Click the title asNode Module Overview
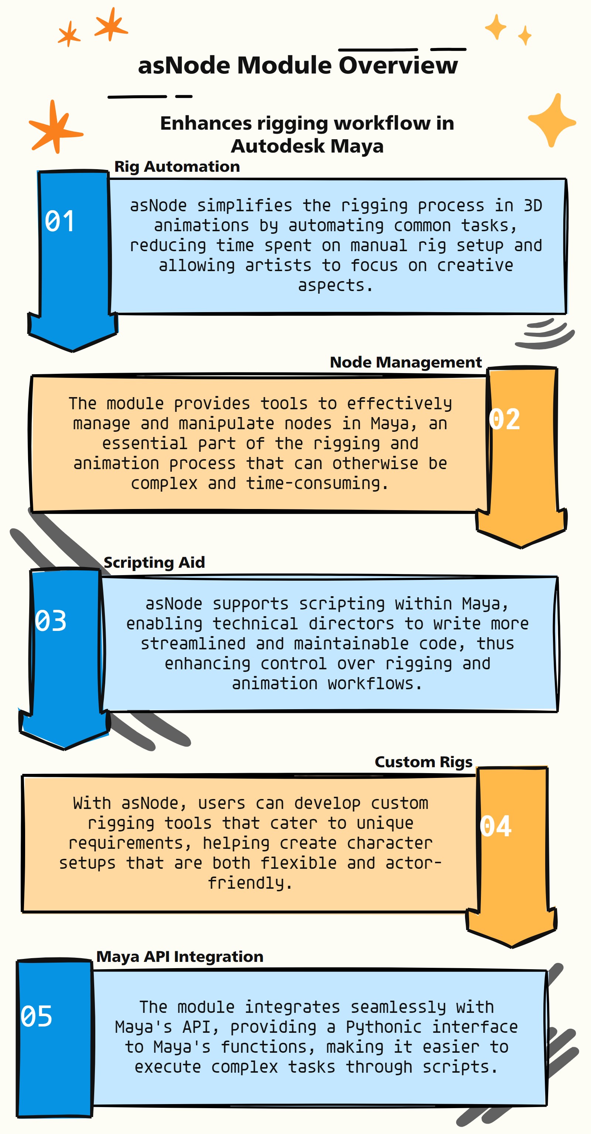pyautogui.click(x=298, y=65)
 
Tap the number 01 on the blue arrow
pyautogui.click(x=59, y=221)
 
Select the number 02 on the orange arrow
pyautogui.click(x=504, y=419)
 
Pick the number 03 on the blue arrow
pyautogui.click(x=51, y=621)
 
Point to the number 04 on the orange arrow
pyautogui.click(x=495, y=826)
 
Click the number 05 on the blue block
pyautogui.click(x=37, y=1016)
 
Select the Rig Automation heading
pyautogui.click(x=177, y=166)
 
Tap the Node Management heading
pyautogui.click(x=406, y=362)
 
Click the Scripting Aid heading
pyautogui.click(x=154, y=562)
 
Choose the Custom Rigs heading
pyautogui.click(x=423, y=762)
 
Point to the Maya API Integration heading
pyautogui.click(x=180, y=957)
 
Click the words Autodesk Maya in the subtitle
pyautogui.click(x=307, y=146)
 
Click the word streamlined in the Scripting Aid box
pyautogui.click(x=193, y=643)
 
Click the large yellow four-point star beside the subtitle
pyautogui.click(x=552, y=120)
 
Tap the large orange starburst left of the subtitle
pyautogui.click(x=55, y=127)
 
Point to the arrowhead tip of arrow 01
pyautogui.click(x=73, y=351)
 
